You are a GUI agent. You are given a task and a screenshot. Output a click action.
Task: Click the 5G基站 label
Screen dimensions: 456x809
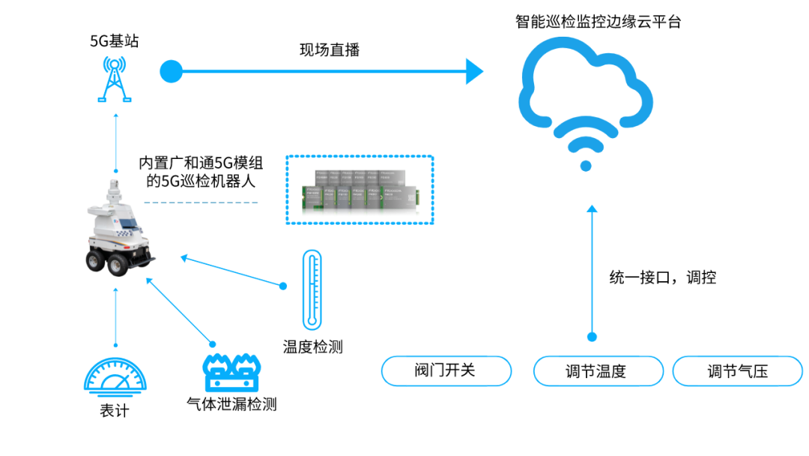(114, 41)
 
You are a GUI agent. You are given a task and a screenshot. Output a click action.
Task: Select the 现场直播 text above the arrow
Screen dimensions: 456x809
(330, 50)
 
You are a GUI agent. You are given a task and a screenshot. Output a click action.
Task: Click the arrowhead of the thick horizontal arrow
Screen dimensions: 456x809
(474, 72)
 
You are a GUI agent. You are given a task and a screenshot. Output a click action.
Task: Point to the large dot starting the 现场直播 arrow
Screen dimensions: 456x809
(172, 72)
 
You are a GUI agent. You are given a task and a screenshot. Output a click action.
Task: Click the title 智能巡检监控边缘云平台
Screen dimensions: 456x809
(599, 22)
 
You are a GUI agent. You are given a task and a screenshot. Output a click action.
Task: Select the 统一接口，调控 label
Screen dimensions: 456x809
(662, 277)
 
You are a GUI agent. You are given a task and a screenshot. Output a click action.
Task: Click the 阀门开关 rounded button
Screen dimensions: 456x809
(446, 370)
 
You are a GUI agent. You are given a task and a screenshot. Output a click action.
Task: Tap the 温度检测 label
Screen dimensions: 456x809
(312, 346)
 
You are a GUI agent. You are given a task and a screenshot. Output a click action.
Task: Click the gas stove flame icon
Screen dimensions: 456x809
(231, 370)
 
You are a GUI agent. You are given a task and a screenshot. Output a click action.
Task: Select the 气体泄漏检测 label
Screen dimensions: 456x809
(231, 405)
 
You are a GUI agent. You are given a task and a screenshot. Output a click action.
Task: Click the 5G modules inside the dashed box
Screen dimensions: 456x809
(360, 190)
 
